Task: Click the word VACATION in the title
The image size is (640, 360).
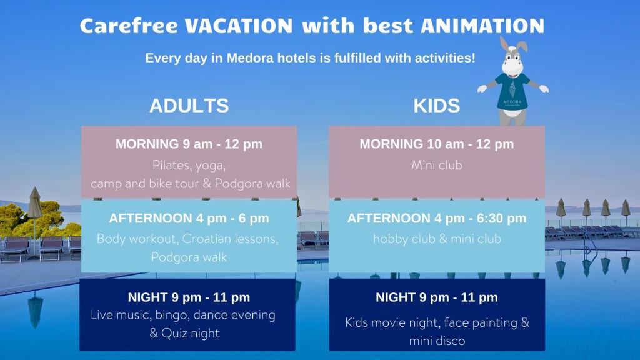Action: click(239, 26)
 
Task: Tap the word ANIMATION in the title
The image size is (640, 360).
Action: click(482, 26)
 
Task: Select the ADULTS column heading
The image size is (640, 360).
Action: click(189, 106)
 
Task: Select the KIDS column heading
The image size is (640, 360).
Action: click(437, 106)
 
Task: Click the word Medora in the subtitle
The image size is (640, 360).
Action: click(250, 58)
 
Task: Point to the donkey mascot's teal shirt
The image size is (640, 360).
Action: click(512, 91)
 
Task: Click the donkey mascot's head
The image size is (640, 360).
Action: click(513, 57)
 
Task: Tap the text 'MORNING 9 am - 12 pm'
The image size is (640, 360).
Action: click(189, 144)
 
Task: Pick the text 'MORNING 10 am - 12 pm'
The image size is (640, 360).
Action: click(437, 144)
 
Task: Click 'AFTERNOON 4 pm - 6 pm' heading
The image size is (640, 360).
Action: click(189, 218)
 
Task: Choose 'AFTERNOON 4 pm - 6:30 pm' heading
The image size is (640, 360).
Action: click(437, 218)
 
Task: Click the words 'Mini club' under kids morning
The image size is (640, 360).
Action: click(437, 165)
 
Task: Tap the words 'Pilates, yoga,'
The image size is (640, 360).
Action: click(189, 165)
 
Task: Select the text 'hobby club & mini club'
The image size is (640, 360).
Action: click(437, 239)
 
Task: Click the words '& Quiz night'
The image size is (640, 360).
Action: click(184, 334)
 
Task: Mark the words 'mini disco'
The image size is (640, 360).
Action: click(437, 341)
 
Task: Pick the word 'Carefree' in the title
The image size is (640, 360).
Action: click(129, 26)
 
